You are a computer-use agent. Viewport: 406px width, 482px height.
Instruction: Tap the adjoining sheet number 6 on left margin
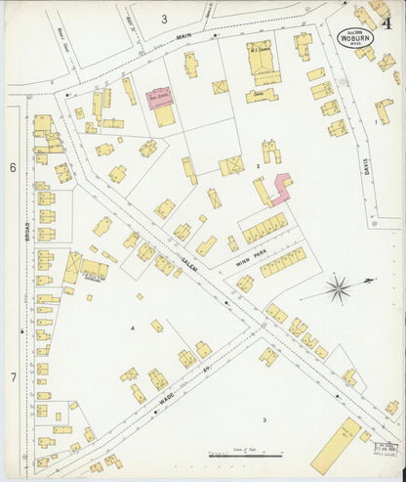coord(13,168)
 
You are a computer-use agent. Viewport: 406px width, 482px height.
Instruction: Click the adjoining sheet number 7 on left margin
coord(13,376)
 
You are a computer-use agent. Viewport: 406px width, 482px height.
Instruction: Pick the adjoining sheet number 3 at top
coord(165,18)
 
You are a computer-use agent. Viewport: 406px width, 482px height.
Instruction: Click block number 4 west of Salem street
coord(132,328)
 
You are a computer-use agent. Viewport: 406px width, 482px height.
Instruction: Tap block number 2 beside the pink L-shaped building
coord(257,167)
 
